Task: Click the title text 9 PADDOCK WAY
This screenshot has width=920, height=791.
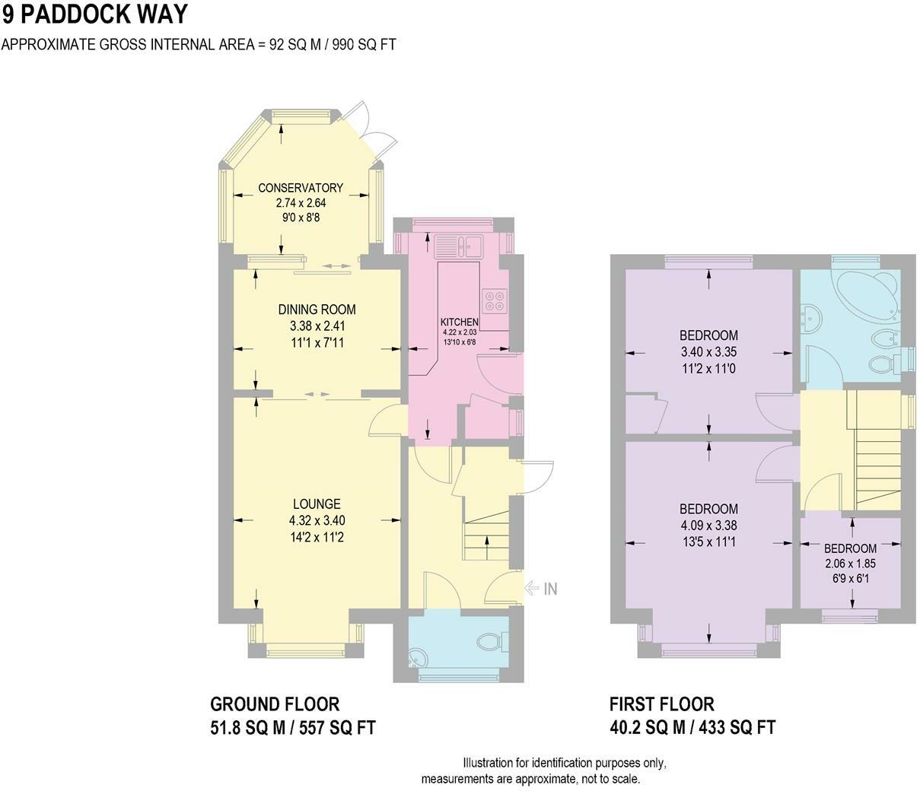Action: (x=94, y=14)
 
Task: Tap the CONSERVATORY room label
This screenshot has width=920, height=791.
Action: (x=300, y=188)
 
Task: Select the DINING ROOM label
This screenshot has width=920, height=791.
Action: (x=317, y=310)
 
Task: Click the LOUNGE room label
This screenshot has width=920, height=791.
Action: (x=317, y=504)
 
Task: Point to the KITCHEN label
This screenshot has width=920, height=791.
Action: (x=460, y=322)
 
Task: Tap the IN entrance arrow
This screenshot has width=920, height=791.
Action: (x=542, y=588)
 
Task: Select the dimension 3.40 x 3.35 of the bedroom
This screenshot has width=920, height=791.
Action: (x=708, y=352)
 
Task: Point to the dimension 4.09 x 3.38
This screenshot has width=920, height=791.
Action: (x=708, y=526)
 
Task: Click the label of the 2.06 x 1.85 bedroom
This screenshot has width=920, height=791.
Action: (x=850, y=548)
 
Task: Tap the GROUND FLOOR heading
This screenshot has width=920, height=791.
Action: (x=275, y=704)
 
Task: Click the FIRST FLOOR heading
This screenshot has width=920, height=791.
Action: (x=662, y=704)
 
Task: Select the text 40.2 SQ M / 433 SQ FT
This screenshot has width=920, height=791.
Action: (x=692, y=728)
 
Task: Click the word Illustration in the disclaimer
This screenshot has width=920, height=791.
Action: (x=489, y=763)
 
